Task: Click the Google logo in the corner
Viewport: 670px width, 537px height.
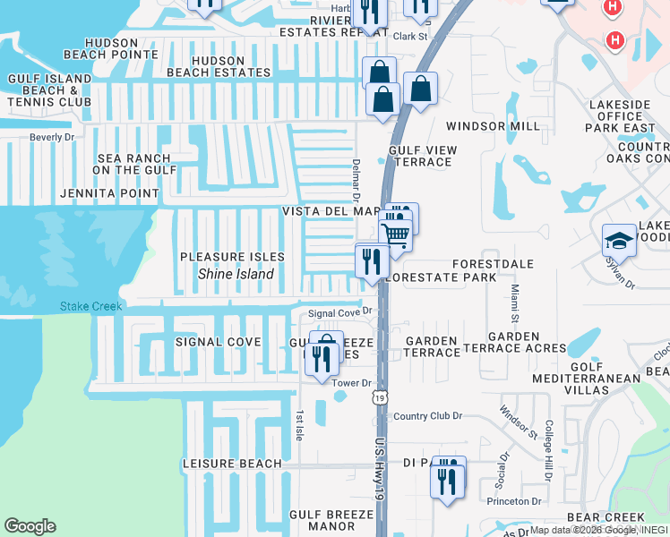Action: pos(30,526)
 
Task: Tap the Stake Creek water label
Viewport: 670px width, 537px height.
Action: pos(90,306)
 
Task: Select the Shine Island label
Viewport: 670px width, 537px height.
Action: pos(236,275)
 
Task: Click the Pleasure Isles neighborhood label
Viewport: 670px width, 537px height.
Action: pos(232,257)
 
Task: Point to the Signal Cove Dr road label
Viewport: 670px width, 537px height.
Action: pos(339,313)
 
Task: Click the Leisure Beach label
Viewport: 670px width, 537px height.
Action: pos(231,464)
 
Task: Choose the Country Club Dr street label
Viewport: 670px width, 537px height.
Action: pos(427,416)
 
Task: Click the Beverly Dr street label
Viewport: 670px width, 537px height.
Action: pos(52,137)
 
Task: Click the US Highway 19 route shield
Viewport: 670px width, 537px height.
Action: pos(381,397)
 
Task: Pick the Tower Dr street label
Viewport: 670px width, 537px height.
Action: pos(351,383)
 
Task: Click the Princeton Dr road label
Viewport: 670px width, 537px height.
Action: pos(514,501)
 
